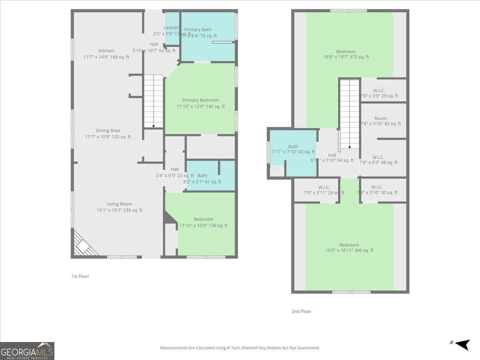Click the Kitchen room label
click(106, 51)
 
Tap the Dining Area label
click(108, 131)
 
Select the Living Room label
click(119, 204)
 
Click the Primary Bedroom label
click(200, 100)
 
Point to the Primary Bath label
click(198, 30)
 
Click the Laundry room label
click(172, 28)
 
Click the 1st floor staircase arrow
click(154, 126)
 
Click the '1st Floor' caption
click(80, 276)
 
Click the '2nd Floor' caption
click(301, 311)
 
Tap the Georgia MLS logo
click(27, 351)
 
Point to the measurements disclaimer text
click(240, 348)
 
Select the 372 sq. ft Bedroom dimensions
click(346, 57)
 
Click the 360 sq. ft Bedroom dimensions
click(349, 250)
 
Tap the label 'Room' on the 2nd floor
click(380, 118)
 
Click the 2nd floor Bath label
click(293, 147)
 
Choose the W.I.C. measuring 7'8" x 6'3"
click(378, 157)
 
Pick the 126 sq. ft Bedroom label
click(204, 219)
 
